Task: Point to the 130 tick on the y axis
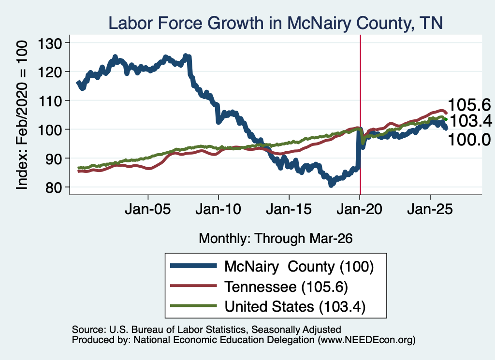[50, 43]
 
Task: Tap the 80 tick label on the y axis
[54, 187]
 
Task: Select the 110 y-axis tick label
[50, 101]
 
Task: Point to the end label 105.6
[469, 105]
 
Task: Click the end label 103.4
[471, 121]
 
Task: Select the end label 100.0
[469, 140]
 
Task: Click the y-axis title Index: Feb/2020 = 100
[22, 115]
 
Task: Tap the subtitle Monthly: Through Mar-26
[276, 239]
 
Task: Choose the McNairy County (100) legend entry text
[299, 267]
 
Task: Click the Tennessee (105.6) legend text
[286, 287]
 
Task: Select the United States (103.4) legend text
[295, 307]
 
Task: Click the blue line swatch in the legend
[193, 266]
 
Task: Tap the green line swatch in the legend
[193, 306]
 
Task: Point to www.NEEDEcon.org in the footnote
[366, 340]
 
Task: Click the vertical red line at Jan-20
[360, 115]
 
